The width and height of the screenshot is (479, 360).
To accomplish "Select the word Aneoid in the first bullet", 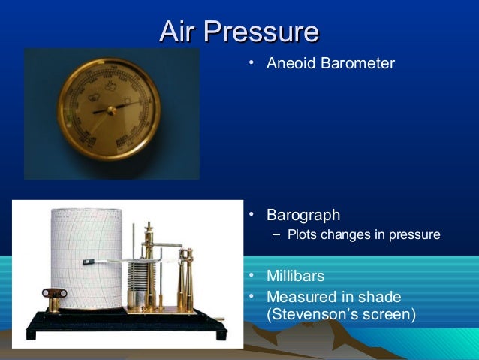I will tap(292, 63).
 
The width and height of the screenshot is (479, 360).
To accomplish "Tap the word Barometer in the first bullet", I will tap(357, 63).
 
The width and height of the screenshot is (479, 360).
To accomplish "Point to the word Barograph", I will tap(303, 216).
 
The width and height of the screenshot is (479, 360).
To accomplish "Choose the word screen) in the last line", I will tap(389, 313).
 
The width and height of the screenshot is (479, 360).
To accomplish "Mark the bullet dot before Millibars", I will tap(253, 277).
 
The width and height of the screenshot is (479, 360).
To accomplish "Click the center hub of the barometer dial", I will tap(111, 110).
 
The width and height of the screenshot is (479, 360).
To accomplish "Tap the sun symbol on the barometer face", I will tap(128, 98).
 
